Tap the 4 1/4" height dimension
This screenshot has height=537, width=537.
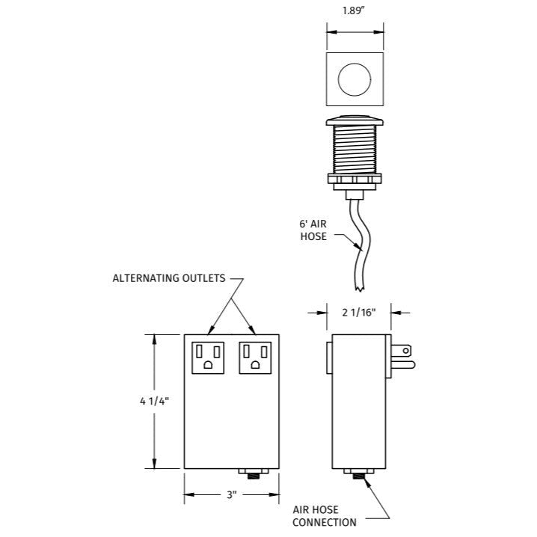coord(154,401)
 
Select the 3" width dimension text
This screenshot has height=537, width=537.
coord(231,495)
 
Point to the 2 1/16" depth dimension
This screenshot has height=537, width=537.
coord(359,313)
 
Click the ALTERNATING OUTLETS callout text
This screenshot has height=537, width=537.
coord(168,278)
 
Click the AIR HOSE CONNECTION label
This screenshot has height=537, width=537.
coord(324,515)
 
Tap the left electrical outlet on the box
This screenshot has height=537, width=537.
coord(209,357)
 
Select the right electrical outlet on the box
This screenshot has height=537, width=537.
coord(256,357)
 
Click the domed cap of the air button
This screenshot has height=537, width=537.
coord(355,123)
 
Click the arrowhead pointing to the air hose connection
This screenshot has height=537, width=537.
coord(368,482)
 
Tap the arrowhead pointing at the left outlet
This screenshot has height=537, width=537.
coord(212,330)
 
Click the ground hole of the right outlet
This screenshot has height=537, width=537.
coord(256,365)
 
